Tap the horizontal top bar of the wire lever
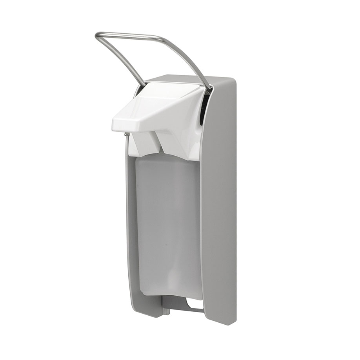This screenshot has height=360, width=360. click(129, 35)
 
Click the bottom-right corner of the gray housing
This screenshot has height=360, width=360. click(235, 323)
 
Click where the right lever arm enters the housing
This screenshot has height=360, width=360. click(210, 89)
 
